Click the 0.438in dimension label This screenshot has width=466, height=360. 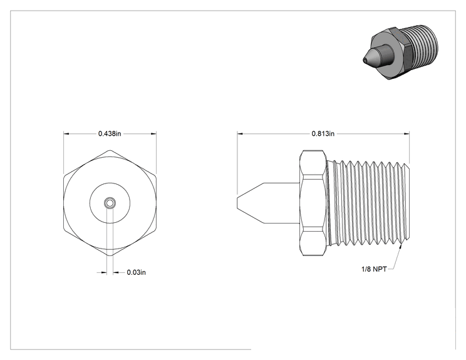110,133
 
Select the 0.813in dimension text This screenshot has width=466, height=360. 323,133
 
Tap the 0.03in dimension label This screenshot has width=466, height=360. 137,272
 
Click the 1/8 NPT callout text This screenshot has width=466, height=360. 374,269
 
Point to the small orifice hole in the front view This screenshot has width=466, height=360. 110,203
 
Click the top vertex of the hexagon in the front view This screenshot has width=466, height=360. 110,150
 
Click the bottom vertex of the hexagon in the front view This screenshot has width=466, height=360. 110,255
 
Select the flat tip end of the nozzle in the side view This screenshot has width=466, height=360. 237,203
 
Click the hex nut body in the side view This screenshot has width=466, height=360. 313,203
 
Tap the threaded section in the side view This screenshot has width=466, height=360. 368,203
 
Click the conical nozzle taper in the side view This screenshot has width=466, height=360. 251,203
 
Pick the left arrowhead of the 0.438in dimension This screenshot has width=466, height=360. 66,133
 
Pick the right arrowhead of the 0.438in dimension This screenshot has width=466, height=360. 153,133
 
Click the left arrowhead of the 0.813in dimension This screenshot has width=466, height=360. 240,133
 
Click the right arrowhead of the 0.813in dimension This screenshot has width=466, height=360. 406,133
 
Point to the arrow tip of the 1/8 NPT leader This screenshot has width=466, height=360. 402,244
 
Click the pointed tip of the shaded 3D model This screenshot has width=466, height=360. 364,60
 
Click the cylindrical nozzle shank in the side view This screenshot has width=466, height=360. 281,203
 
